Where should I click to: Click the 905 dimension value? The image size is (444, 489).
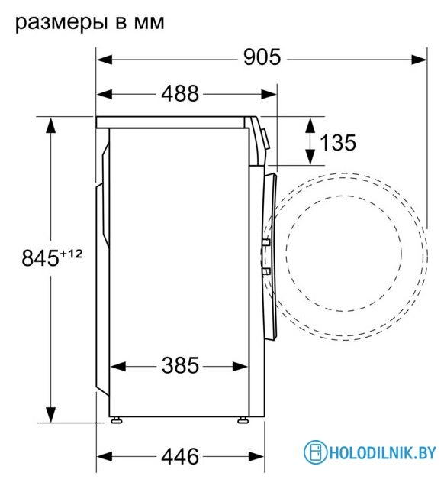coord(262,57)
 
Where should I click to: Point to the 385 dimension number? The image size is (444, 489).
coord(180,365)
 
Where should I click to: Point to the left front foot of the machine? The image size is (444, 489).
coord(116,419)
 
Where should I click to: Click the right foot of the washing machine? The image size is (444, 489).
coord(243,419)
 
